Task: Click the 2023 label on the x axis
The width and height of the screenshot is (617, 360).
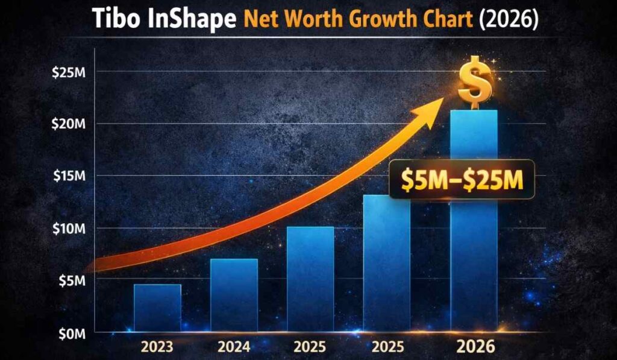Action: [x=158, y=348]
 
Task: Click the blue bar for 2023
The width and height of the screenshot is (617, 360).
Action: [x=157, y=308]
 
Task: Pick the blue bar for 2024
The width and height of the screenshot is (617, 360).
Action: [x=234, y=295]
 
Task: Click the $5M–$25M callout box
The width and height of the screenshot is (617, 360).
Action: [x=461, y=180]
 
